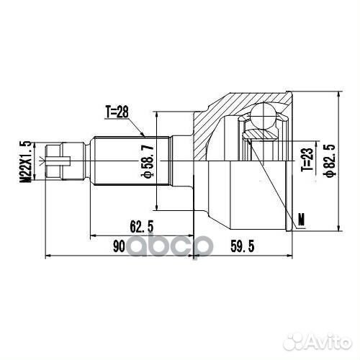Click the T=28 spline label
(x=117, y=112)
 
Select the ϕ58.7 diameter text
(x=147, y=161)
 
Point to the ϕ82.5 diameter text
(x=328, y=161)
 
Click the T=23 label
(x=307, y=158)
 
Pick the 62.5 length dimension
(x=141, y=226)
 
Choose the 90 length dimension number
(x=119, y=246)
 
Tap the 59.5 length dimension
(x=242, y=246)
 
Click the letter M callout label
(x=301, y=220)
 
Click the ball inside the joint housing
(x=263, y=114)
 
